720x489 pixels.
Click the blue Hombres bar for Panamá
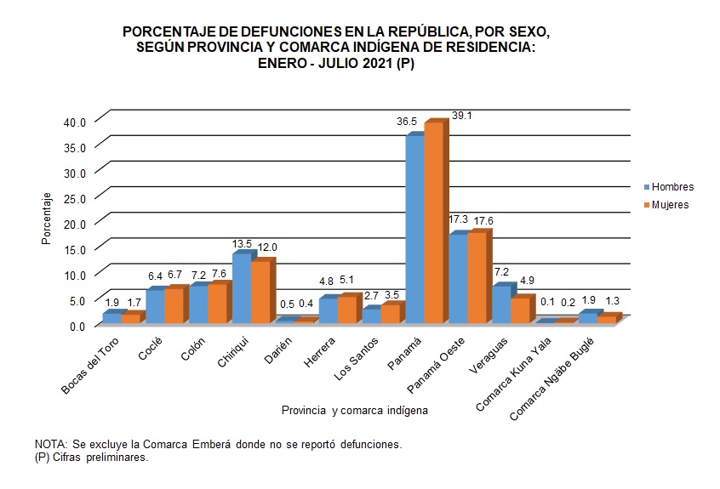414,230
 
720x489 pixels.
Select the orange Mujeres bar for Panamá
433,223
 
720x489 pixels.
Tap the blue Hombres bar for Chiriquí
241,289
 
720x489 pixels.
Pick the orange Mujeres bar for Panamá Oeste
477,277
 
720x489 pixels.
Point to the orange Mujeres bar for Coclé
173,306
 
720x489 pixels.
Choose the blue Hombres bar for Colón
198,304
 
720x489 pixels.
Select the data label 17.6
483,221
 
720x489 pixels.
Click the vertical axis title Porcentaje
49,219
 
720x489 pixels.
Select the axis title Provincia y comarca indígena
354,410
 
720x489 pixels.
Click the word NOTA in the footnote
50,445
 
